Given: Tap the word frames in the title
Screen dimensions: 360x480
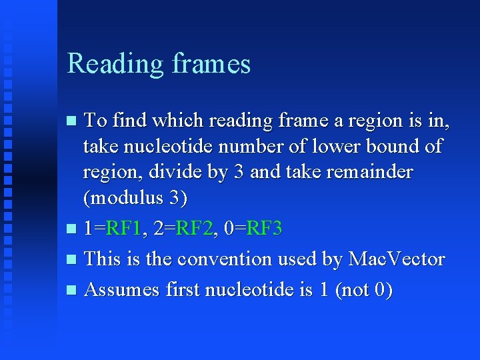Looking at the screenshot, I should (211, 64).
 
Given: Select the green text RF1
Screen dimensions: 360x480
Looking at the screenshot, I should (125, 229).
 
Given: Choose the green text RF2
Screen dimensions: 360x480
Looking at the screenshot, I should (196, 229).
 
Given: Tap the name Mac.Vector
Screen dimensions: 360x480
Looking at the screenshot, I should (396, 259).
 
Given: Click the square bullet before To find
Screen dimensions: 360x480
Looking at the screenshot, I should (73, 121).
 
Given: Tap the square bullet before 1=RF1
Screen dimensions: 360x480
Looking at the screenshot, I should (73, 229).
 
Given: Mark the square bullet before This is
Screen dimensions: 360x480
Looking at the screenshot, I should (73, 259).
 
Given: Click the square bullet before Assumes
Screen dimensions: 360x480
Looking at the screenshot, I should (73, 290).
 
